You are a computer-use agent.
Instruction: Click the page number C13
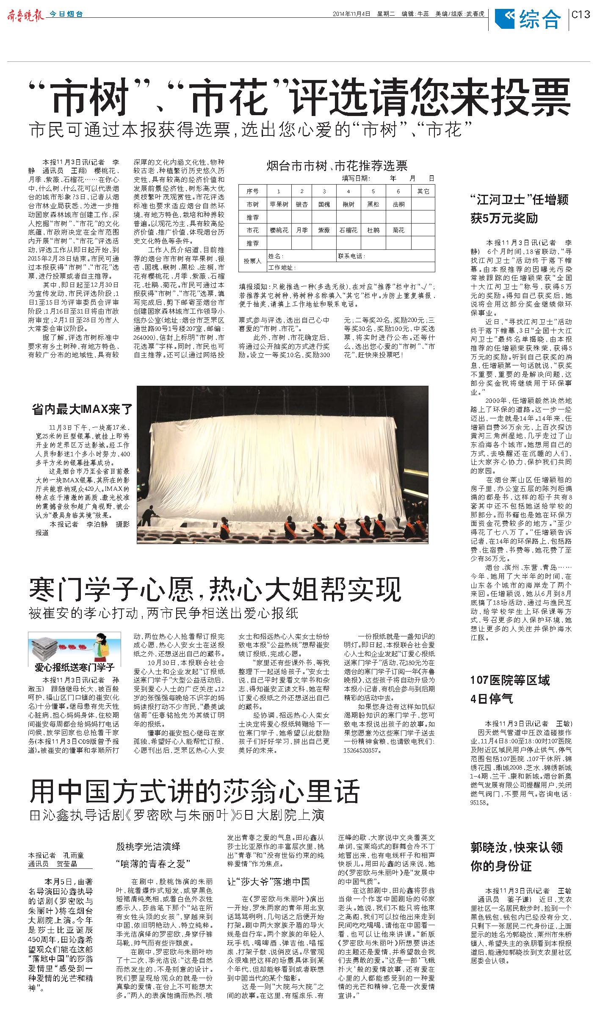tap(581, 14)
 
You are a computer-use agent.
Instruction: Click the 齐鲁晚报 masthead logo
tap(25, 15)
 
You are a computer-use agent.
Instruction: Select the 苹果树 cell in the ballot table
tap(279, 204)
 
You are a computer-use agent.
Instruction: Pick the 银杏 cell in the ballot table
tap(302, 204)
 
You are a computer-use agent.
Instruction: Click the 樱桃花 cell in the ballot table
tap(279, 230)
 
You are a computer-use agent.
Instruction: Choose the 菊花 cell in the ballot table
tap(398, 230)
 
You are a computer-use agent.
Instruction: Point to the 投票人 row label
tap(252, 261)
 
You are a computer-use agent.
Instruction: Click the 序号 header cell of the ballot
tap(252, 191)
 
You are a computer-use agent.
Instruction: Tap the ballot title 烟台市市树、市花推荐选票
tap(337, 166)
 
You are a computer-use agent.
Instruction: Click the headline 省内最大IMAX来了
tap(83, 409)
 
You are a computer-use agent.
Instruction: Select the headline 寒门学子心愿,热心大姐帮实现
tap(215, 589)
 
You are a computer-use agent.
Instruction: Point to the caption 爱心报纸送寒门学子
tap(75, 667)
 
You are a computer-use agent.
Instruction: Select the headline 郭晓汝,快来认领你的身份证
tap(517, 857)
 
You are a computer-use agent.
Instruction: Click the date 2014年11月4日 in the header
tap(351, 14)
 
